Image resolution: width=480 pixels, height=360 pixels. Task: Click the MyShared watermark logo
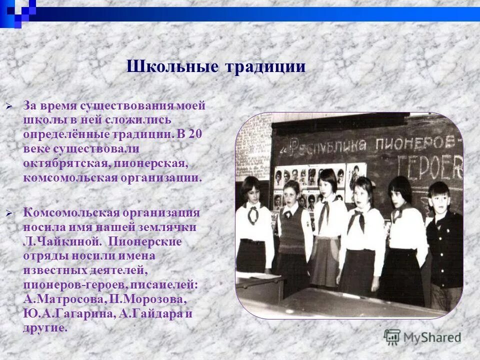click(x=422, y=337)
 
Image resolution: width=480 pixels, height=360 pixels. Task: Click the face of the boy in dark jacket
click(x=438, y=195)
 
